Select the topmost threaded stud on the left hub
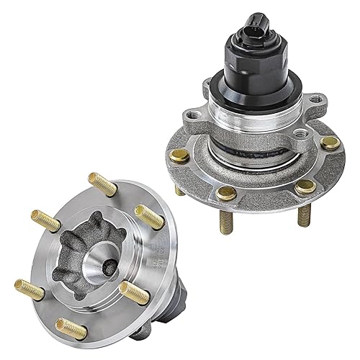click(x=99, y=184)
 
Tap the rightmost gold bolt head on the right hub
click(x=330, y=143)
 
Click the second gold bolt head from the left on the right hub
click(x=225, y=194)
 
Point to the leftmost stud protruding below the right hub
click(x=179, y=190)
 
